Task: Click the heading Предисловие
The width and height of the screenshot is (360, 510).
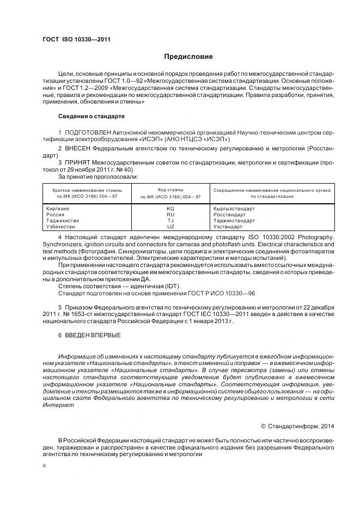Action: point(188,57)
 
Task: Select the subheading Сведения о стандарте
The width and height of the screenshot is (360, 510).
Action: point(91,117)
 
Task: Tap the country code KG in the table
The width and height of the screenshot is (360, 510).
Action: point(170,209)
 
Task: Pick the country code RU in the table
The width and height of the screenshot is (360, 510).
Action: point(170,215)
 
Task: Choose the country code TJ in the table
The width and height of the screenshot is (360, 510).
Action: point(170,220)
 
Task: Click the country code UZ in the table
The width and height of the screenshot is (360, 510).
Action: point(170,226)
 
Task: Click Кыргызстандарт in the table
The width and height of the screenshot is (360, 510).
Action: point(234,209)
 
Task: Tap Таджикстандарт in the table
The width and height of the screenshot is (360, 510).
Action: point(235,220)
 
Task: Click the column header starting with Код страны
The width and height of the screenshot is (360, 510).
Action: point(170,192)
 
